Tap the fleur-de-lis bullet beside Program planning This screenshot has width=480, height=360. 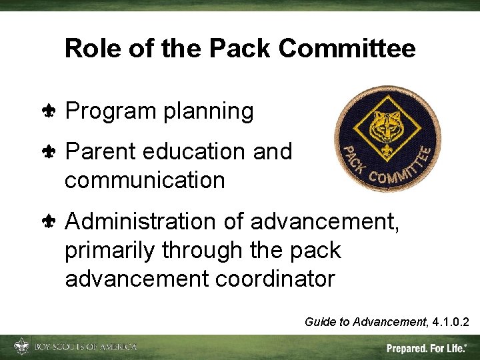(51, 111)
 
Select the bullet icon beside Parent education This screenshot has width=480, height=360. (51, 151)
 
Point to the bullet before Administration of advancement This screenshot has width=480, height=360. (51, 221)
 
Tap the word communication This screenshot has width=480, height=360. (145, 180)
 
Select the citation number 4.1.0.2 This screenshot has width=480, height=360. (450, 323)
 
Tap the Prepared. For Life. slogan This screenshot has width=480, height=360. (427, 348)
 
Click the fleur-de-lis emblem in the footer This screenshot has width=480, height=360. (22, 347)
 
